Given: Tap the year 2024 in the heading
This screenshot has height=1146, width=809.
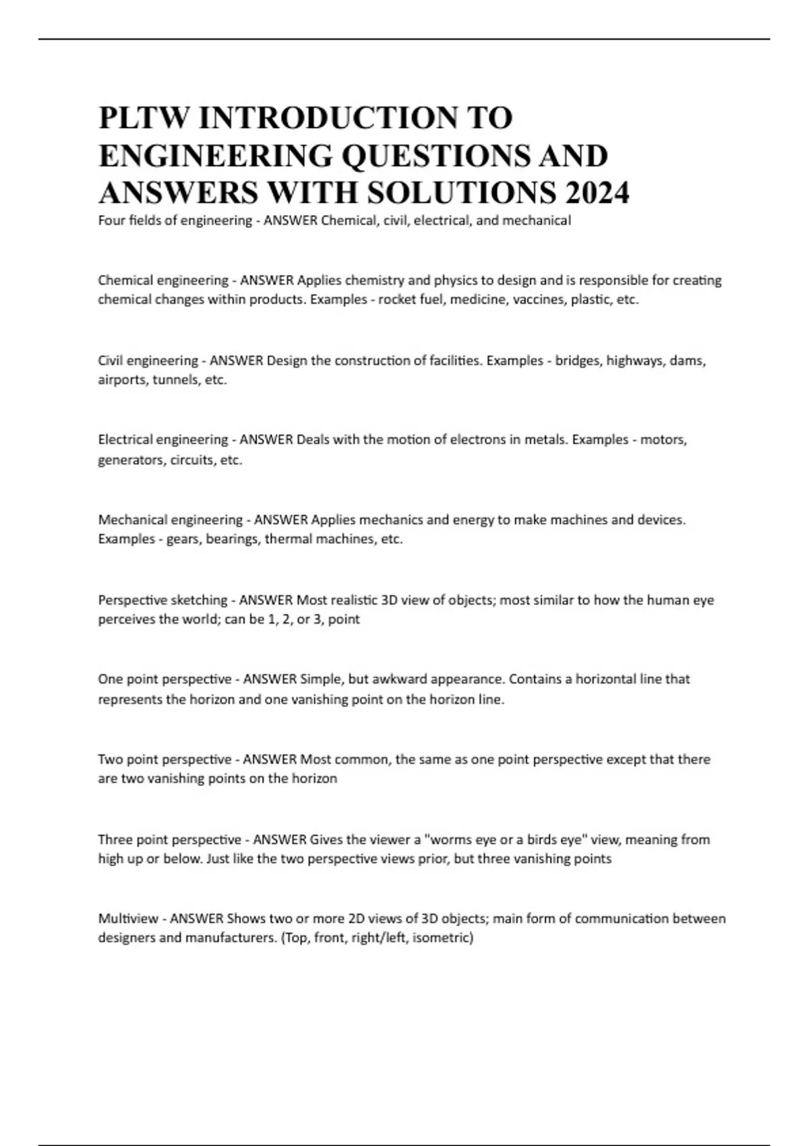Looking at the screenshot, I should pos(598,193).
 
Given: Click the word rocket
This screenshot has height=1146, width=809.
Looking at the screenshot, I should pos(397,299).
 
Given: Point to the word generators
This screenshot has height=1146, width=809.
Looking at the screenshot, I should pos(129,460).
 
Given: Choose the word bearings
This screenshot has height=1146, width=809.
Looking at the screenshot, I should pos(232,539).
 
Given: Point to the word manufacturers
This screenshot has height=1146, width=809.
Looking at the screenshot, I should pos(230,938).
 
